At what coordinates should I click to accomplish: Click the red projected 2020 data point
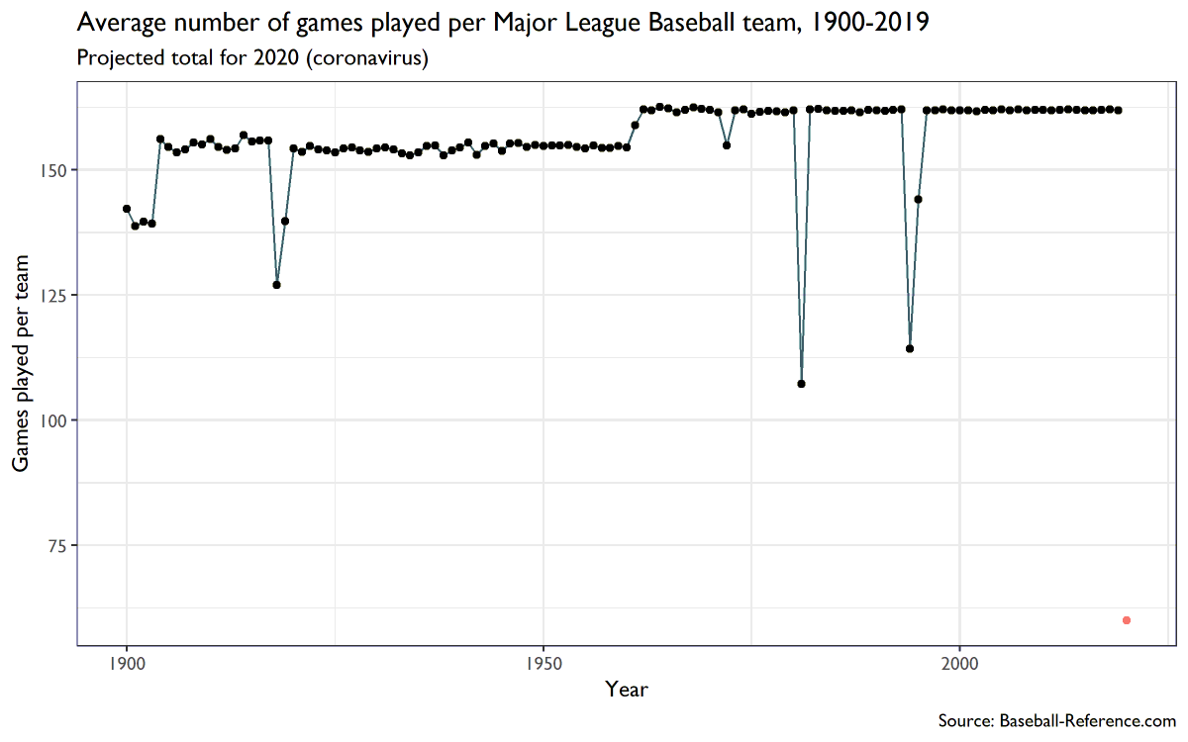tap(1127, 620)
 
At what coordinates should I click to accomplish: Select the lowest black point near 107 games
tap(801, 384)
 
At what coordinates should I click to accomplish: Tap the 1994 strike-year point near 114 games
tap(910, 348)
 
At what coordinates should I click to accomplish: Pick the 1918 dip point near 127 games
tap(277, 285)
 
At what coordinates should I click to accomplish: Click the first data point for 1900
tap(127, 209)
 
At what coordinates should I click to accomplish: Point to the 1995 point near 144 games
tap(918, 199)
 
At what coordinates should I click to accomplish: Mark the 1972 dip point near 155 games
tap(727, 145)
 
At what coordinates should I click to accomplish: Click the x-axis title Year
tap(627, 690)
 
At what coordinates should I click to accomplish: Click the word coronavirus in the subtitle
tap(366, 58)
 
